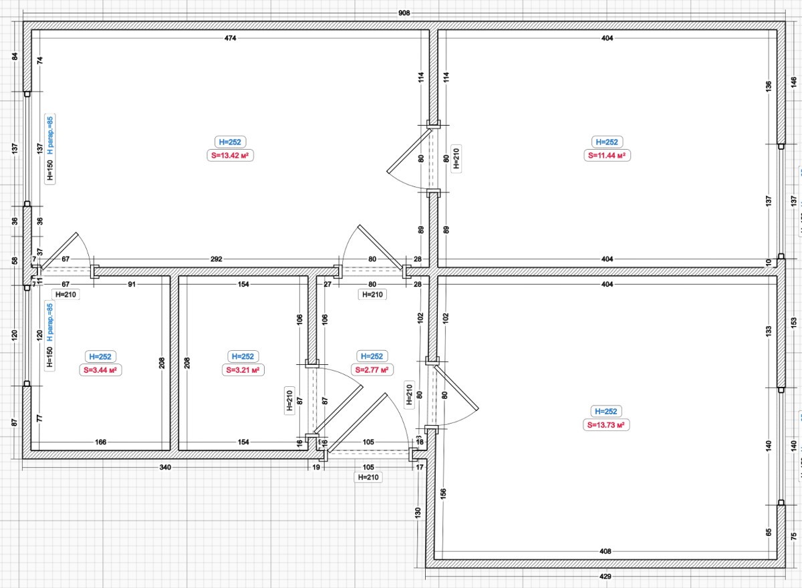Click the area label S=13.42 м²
(x=230, y=156)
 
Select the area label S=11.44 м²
(x=607, y=156)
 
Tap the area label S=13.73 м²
(x=606, y=425)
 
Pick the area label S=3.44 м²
(x=100, y=370)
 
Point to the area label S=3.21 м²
(x=243, y=370)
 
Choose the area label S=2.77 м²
(x=372, y=370)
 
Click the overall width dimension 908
(x=404, y=13)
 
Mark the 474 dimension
(x=230, y=38)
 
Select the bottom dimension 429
(x=605, y=577)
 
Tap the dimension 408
(x=605, y=551)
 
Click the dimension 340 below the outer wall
(x=165, y=468)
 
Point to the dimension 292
(x=217, y=259)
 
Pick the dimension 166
(x=101, y=442)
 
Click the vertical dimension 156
(x=443, y=494)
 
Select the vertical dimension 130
(x=418, y=512)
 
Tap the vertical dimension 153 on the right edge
(x=794, y=323)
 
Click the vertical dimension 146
(x=794, y=82)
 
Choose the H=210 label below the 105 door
(x=368, y=477)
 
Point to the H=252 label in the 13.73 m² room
(x=606, y=412)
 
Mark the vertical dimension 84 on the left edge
(x=15, y=57)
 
